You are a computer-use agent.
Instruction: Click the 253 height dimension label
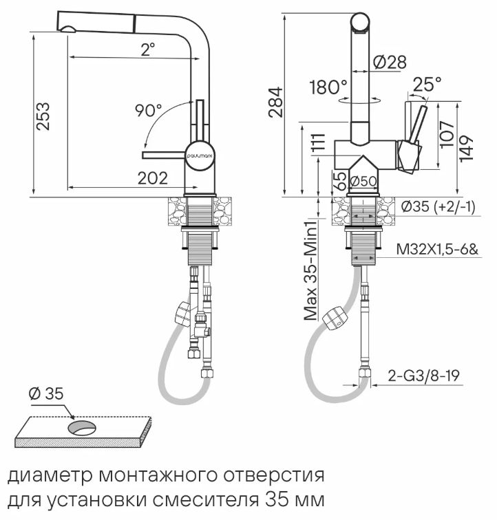click(x=43, y=116)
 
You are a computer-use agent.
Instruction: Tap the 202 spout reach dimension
click(x=153, y=178)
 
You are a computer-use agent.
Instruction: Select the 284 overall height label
click(x=275, y=102)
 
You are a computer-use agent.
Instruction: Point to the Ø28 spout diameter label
click(x=390, y=62)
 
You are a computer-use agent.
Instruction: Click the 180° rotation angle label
click(x=328, y=87)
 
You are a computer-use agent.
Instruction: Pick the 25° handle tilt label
click(x=427, y=84)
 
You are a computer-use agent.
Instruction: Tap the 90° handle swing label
click(x=149, y=110)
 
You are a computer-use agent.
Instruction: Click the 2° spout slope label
click(x=148, y=50)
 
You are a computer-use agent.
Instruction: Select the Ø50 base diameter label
click(x=363, y=181)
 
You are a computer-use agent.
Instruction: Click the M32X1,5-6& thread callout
click(x=438, y=249)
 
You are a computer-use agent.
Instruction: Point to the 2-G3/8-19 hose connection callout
click(x=423, y=376)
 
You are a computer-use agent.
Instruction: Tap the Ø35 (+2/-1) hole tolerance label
click(x=438, y=206)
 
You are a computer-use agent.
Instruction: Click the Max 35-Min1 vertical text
click(x=310, y=270)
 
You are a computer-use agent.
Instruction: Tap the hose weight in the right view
click(x=336, y=318)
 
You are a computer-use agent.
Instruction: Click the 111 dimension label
click(x=319, y=143)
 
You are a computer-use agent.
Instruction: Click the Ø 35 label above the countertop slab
click(x=46, y=393)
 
